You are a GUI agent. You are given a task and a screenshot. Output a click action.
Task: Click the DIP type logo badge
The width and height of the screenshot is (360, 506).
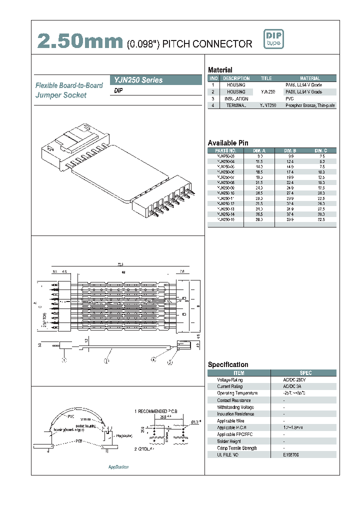pyautogui.click(x=273, y=39)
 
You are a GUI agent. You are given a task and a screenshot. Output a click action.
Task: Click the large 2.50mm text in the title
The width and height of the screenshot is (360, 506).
pyautogui.click(x=80, y=42)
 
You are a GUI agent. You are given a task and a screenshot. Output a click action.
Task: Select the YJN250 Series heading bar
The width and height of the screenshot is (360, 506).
pyautogui.click(x=156, y=80)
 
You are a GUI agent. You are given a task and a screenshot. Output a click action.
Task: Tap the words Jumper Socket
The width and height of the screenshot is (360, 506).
pyautogui.click(x=60, y=95)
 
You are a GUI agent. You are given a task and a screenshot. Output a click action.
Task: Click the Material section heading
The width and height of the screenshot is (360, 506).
pyautogui.click(x=220, y=70)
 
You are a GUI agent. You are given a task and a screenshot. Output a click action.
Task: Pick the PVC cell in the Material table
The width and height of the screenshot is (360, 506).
pyautogui.click(x=289, y=99)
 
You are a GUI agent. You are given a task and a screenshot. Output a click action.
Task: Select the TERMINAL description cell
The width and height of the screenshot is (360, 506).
pyautogui.click(x=236, y=105)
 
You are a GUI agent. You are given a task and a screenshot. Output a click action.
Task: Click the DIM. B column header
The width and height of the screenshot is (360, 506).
pyautogui.click(x=290, y=150)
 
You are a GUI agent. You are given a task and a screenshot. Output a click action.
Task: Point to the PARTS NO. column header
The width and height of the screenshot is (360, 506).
pyautogui.click(x=225, y=150)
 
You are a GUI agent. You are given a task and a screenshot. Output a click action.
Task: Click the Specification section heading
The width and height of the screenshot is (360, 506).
pyautogui.click(x=228, y=364)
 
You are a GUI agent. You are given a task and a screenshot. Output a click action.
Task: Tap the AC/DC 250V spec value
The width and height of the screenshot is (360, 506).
pyautogui.click(x=293, y=380)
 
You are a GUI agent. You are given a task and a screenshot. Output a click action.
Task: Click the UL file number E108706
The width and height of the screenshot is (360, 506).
pyautogui.click(x=292, y=455)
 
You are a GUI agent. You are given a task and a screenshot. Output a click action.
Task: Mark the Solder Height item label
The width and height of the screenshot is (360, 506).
pyautogui.click(x=229, y=441)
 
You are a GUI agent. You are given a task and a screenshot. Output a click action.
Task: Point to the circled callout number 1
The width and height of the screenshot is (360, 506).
pyautogui.click(x=63, y=360)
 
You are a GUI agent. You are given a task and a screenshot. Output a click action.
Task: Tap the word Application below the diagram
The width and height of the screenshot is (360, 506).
pyautogui.click(x=118, y=466)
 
